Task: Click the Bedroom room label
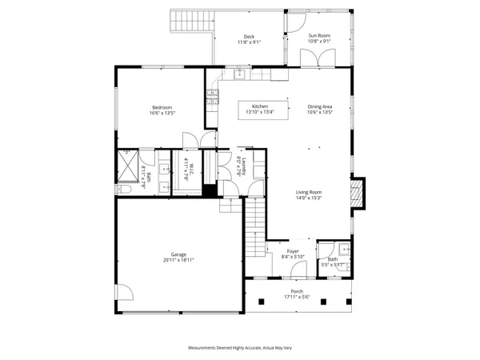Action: (x=161, y=108)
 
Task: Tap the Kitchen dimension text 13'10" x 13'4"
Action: (x=260, y=113)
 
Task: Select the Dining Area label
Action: (x=320, y=107)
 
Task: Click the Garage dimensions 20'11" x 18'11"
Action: (x=179, y=260)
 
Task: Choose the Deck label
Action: (x=249, y=37)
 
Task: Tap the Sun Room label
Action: (x=319, y=36)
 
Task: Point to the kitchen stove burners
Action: (x=212, y=99)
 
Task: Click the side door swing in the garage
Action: (x=122, y=294)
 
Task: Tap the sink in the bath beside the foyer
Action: (x=343, y=247)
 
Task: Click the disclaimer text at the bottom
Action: (x=239, y=348)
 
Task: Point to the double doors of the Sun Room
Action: (x=313, y=58)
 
